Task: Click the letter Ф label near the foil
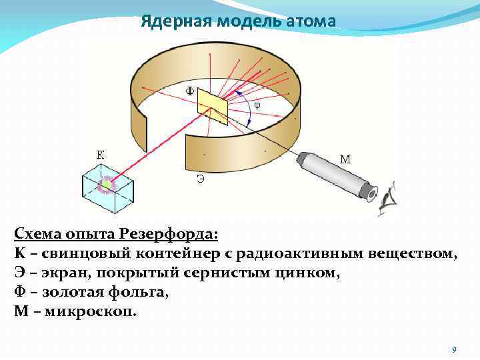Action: [x=190, y=91]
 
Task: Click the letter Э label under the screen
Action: [x=200, y=178]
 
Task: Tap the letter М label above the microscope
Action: [x=345, y=159]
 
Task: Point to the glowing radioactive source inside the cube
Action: [x=105, y=184]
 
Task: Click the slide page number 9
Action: [x=453, y=349]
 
